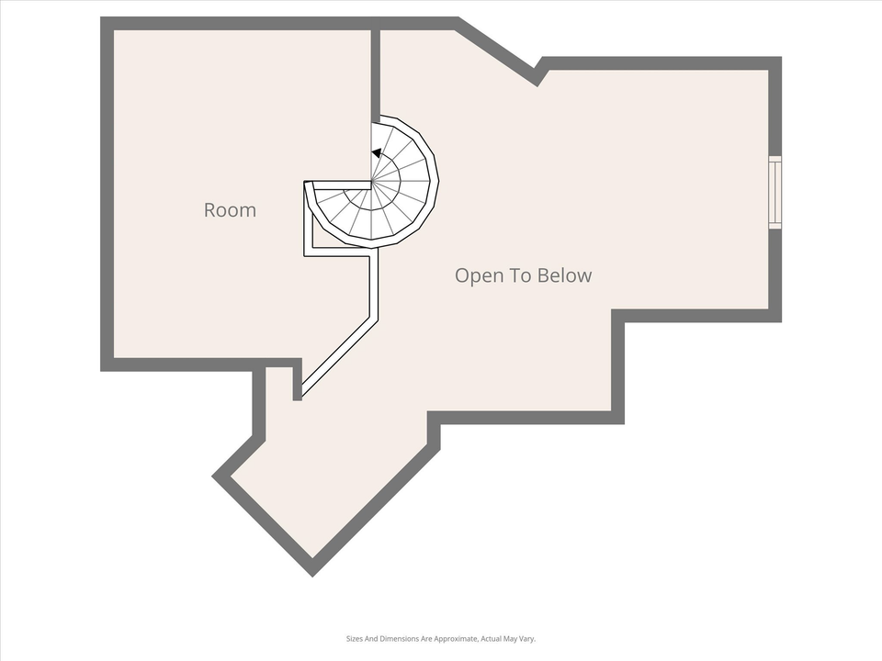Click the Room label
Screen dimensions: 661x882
[x=230, y=210]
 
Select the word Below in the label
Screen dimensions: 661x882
[x=565, y=275]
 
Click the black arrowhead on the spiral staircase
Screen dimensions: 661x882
[x=377, y=153]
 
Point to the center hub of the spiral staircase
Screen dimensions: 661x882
[x=372, y=183]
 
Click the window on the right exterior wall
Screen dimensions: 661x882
[x=775, y=192]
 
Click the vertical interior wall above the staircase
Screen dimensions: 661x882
[x=376, y=73]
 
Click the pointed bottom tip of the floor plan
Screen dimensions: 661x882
[x=312, y=571]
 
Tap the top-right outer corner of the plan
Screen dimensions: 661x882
[x=777, y=61]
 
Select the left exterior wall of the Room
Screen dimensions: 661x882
[x=107, y=193]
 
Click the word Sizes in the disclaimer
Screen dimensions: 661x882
[x=356, y=639]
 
